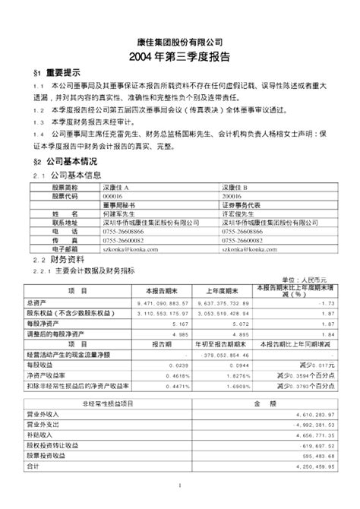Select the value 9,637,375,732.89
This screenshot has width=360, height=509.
(x=216, y=302)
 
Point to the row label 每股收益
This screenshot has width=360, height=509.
(x=59, y=365)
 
